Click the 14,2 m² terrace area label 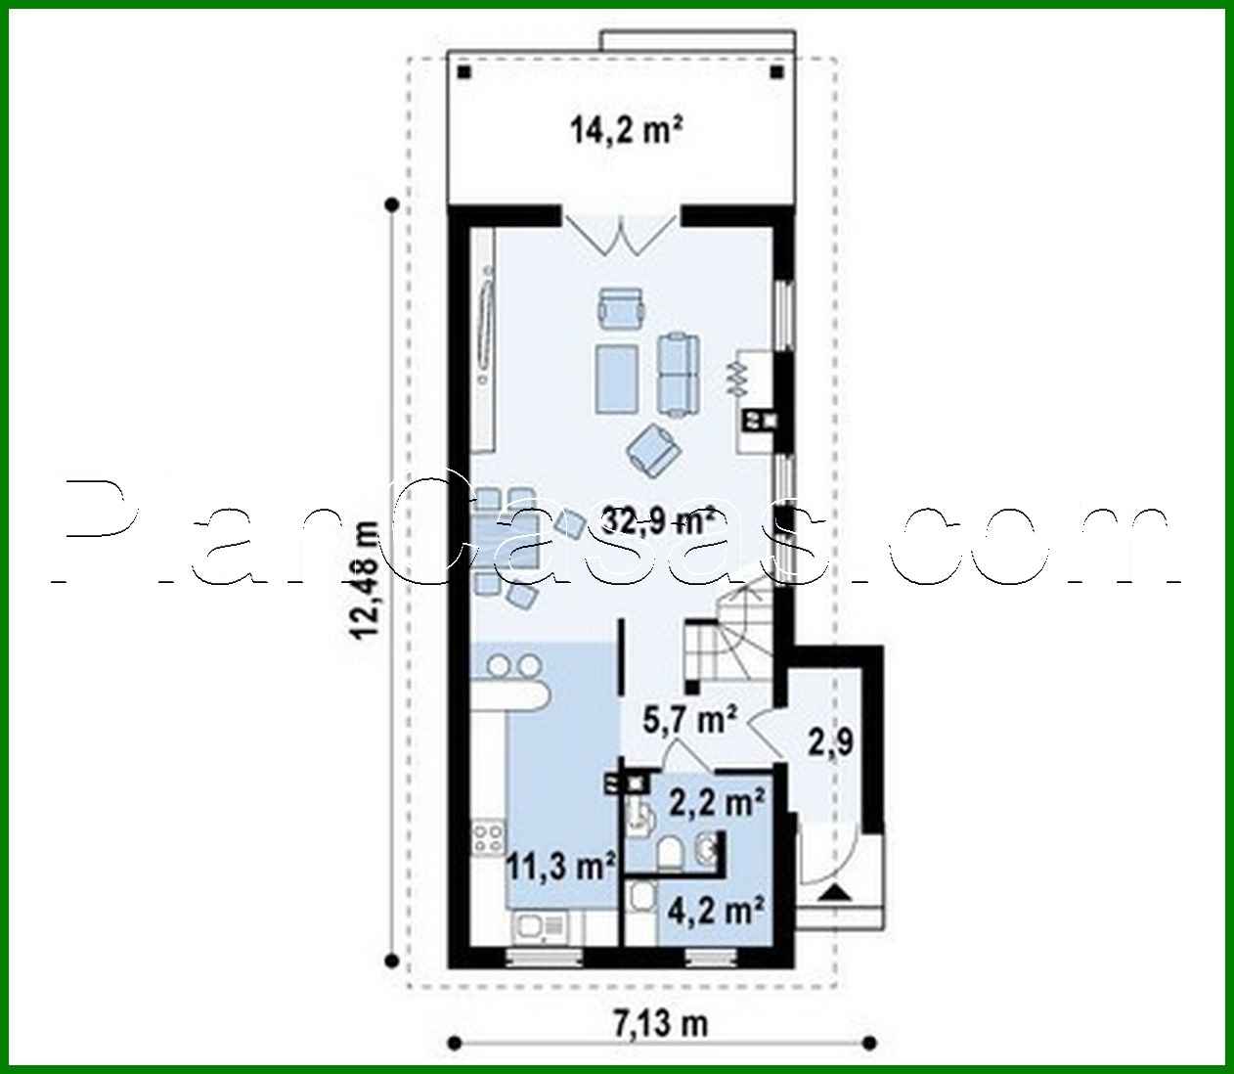click(626, 130)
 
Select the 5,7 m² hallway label click(689, 721)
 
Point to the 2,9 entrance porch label click(829, 741)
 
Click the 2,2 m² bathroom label click(717, 802)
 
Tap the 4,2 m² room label click(715, 910)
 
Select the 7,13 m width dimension click(661, 1024)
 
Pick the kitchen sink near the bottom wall click(537, 925)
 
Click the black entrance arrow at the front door click(832, 891)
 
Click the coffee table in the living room click(617, 377)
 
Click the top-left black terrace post click(464, 71)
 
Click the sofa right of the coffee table click(678, 373)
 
